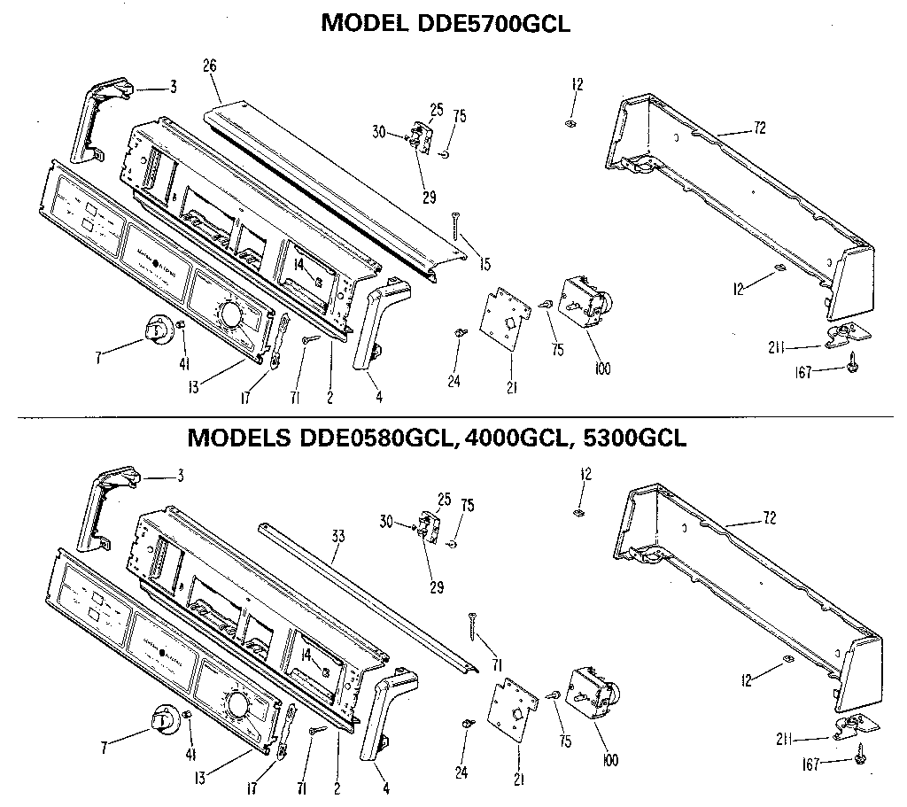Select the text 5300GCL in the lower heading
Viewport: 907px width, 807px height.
[x=631, y=438]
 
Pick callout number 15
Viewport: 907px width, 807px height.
[x=485, y=264]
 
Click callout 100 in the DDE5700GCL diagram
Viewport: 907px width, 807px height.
[x=602, y=369]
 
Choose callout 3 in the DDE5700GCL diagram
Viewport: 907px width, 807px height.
[x=174, y=88]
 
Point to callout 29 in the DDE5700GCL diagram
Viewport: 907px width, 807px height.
[x=430, y=198]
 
